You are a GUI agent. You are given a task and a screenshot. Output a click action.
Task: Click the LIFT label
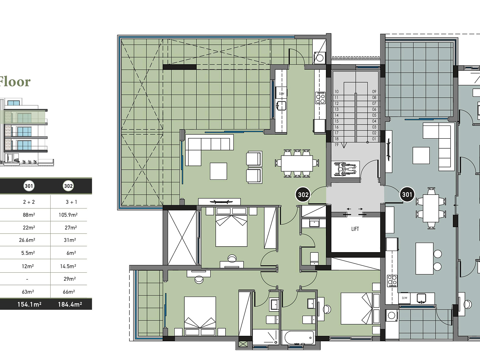click(355, 229)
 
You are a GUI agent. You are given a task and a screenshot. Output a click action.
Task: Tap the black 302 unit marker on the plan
click(303, 194)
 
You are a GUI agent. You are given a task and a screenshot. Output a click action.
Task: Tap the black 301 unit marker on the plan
click(407, 194)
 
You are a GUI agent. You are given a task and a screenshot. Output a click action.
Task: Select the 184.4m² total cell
click(70, 304)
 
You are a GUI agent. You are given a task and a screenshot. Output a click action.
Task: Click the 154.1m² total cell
click(29, 304)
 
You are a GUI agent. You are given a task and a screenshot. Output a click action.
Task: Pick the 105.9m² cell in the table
click(68, 215)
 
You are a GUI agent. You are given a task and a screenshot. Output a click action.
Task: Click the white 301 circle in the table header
click(29, 186)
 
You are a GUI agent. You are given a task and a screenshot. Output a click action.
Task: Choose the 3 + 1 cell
click(71, 202)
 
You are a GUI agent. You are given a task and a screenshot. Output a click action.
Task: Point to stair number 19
click(337, 145)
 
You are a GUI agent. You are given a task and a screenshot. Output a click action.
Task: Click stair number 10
click(337, 92)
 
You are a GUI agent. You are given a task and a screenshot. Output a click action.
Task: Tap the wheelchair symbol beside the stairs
click(346, 168)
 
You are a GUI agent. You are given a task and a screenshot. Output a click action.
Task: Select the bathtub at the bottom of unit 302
click(298, 338)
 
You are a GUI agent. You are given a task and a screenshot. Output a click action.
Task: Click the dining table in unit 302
click(297, 163)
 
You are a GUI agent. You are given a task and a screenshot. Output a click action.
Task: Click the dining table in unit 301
click(431, 208)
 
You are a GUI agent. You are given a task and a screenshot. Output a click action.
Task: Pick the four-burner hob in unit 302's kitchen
click(320, 98)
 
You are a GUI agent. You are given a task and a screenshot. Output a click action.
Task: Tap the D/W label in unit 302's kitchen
click(281, 94)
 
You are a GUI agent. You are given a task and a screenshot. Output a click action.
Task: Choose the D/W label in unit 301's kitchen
click(404, 298)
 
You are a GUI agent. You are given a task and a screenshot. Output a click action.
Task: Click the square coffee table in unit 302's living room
click(218, 171)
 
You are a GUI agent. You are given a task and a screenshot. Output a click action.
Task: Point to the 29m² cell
click(69, 279)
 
